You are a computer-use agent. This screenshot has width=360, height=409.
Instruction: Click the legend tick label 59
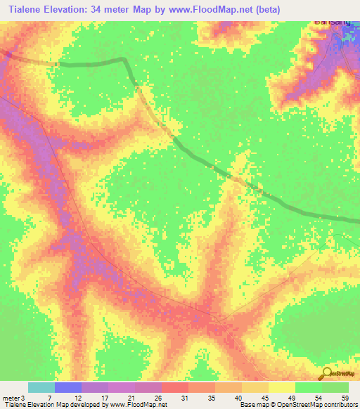pyautogui.click(x=344, y=398)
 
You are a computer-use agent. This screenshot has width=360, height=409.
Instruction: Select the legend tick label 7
pyautogui.click(x=50, y=398)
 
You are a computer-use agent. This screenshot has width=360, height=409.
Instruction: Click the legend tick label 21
pyautogui.click(x=131, y=398)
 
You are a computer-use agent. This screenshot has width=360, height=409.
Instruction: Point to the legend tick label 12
pyautogui.click(x=78, y=398)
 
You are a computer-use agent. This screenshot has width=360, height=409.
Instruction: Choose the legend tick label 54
pyautogui.click(x=317, y=398)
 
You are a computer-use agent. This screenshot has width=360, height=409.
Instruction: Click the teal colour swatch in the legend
pyautogui.click(x=41, y=387)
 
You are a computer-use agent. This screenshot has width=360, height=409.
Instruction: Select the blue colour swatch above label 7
pyautogui.click(x=67, y=387)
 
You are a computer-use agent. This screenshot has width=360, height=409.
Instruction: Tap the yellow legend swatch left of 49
pyautogui.click(x=281, y=387)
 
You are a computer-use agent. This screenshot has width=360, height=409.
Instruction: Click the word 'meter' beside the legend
pyautogui.click(x=10, y=398)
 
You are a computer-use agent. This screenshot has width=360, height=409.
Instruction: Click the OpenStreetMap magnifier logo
pyautogui.click(x=326, y=373)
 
